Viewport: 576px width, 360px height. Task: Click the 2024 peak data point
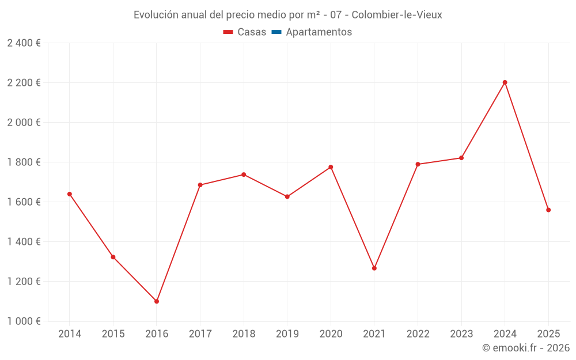click(505, 82)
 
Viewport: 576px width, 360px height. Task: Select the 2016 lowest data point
click(157, 301)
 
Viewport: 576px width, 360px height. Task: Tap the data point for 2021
click(374, 268)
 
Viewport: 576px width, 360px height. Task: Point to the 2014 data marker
click(70, 194)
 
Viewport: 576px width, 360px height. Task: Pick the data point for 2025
click(548, 210)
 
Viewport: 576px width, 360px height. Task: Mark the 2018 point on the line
click(244, 175)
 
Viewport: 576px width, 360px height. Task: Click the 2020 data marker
click(331, 167)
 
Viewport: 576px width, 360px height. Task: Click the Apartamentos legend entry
click(319, 32)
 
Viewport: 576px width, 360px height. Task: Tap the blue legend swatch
click(276, 32)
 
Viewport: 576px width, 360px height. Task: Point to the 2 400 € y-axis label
click(24, 43)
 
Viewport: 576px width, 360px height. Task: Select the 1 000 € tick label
click(24, 321)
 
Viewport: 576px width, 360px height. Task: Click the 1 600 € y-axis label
click(24, 202)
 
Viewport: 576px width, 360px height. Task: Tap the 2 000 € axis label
click(24, 122)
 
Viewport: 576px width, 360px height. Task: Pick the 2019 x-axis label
click(287, 334)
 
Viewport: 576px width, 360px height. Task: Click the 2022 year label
click(418, 334)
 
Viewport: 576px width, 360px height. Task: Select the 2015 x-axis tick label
click(113, 334)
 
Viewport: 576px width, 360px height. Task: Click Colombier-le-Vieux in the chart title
click(397, 15)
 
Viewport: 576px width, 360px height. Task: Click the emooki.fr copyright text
click(526, 348)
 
